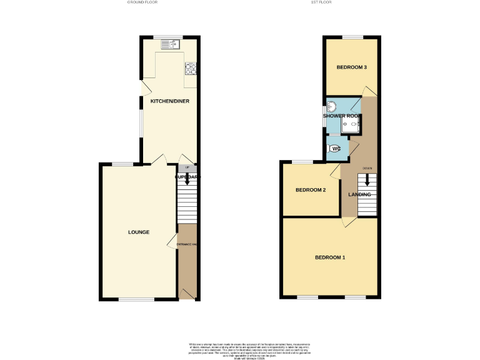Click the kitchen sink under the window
click(x=169, y=44)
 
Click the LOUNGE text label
click(x=139, y=232)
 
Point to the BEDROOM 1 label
click(x=330, y=257)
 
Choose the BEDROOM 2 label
click(x=311, y=190)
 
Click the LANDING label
click(x=359, y=194)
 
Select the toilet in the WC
click(x=333, y=149)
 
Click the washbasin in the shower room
click(x=331, y=107)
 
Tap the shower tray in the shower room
click(x=352, y=125)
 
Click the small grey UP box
click(x=187, y=167)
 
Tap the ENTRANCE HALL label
click(x=187, y=244)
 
